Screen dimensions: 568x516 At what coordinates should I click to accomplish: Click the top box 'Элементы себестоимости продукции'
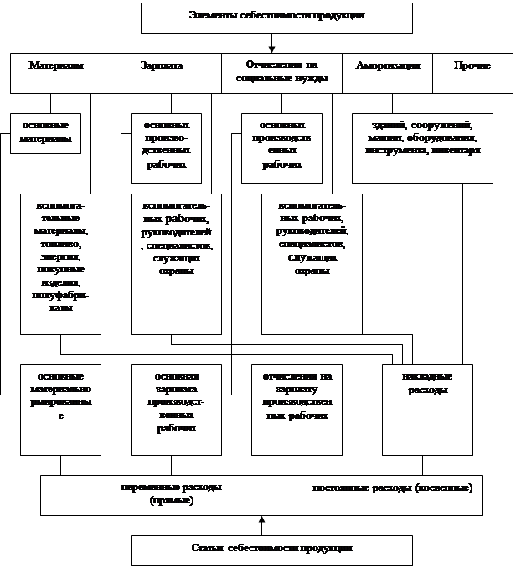pyautogui.click(x=276, y=17)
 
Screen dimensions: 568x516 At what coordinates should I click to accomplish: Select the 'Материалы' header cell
pyautogui.click(x=55, y=73)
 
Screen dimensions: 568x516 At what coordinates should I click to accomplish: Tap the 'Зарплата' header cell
pyautogui.click(x=161, y=73)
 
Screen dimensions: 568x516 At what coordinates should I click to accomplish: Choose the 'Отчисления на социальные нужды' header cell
pyautogui.click(x=281, y=73)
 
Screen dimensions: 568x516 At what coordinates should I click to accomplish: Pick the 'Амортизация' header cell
pyautogui.click(x=387, y=73)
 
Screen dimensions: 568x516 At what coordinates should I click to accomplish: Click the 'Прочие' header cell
pyautogui.click(x=472, y=73)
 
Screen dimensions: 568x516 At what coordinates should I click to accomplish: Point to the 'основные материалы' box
pyautogui.click(x=46, y=133)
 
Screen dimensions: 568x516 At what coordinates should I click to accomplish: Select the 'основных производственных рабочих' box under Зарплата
pyautogui.click(x=168, y=147)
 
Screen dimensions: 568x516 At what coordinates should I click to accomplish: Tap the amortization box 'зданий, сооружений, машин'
pyautogui.click(x=422, y=147)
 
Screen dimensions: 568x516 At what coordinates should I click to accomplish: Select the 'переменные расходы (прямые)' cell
pyautogui.click(x=172, y=494)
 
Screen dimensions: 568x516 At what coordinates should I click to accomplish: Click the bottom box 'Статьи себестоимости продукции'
pyautogui.click(x=271, y=550)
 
